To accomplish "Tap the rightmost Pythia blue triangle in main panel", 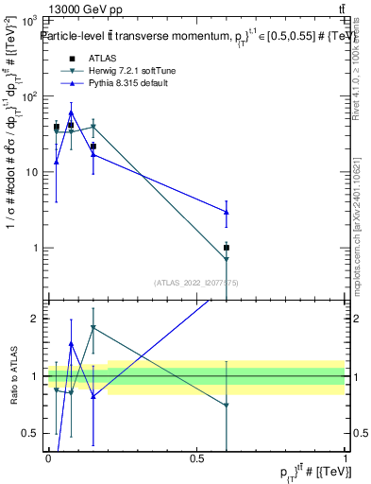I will [226, 212].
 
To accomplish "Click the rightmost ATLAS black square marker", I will [226, 248].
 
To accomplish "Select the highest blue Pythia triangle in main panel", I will [71, 112].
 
